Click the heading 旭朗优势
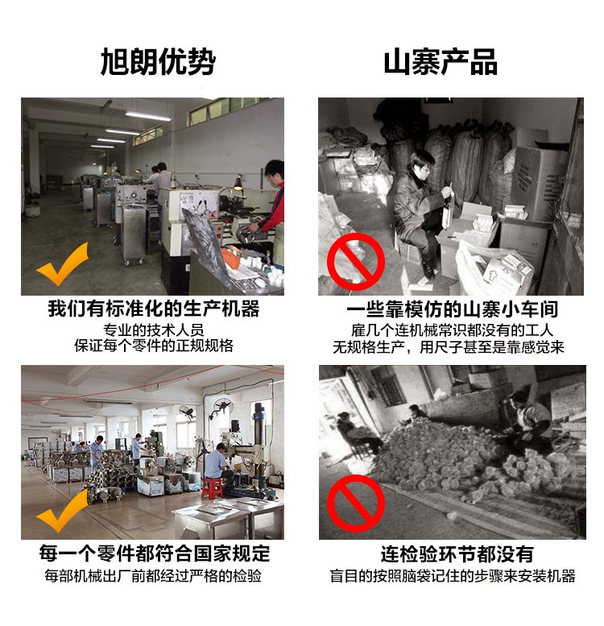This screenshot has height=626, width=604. click(158, 61)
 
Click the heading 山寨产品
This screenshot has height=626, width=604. click(441, 61)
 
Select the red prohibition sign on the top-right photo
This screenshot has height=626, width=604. click(355, 262)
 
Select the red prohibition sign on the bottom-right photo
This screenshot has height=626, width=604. click(355, 503)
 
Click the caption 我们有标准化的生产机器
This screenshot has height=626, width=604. click(154, 309)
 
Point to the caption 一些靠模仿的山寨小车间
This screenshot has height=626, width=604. click(452, 309)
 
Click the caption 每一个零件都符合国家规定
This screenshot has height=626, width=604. click(155, 553)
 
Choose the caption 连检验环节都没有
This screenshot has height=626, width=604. click(457, 553)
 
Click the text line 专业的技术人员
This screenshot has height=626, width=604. click(154, 330)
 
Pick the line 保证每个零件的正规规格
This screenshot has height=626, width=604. click(154, 346)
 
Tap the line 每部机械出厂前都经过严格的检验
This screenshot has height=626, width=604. click(153, 576)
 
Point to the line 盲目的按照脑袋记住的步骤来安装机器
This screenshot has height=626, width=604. click(453, 576)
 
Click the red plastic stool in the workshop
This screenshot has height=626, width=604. click(212, 489)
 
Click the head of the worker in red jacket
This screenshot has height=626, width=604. click(275, 171)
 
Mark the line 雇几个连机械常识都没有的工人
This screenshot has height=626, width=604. click(452, 330)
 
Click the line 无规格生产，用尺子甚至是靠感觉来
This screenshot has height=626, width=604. click(449, 347)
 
